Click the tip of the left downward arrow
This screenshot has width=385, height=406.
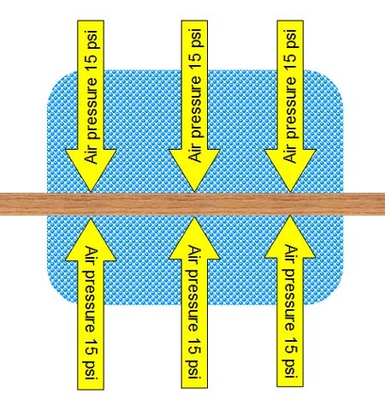(x=91, y=192)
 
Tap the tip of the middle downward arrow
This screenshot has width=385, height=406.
(x=194, y=192)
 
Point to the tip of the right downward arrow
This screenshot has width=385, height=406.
(x=290, y=192)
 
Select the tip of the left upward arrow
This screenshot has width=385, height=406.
(x=91, y=218)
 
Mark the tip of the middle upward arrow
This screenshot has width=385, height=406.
(x=194, y=218)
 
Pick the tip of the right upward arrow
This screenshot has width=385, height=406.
(x=290, y=216)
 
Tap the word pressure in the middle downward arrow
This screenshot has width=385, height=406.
(x=196, y=108)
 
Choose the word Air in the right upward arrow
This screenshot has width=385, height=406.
(x=291, y=255)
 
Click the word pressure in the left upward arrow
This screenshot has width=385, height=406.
(x=90, y=302)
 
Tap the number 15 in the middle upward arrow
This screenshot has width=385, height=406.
(x=195, y=346)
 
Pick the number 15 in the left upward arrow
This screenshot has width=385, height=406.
(x=92, y=347)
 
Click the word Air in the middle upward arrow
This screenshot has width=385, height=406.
(x=195, y=256)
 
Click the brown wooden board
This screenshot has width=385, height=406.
(x=192, y=204)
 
